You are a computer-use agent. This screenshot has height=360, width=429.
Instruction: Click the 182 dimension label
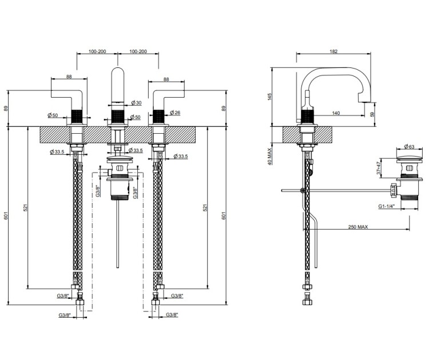pos(332,51)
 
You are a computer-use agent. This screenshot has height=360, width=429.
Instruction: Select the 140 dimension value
pos(336,114)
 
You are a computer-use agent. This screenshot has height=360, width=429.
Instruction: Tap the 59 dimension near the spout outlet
pos(373,114)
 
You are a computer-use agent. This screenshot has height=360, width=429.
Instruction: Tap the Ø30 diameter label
pos(136,103)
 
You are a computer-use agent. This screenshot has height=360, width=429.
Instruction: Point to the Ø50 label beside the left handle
pos(55,115)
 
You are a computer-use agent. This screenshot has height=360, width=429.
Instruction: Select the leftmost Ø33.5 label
pos(57,151)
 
